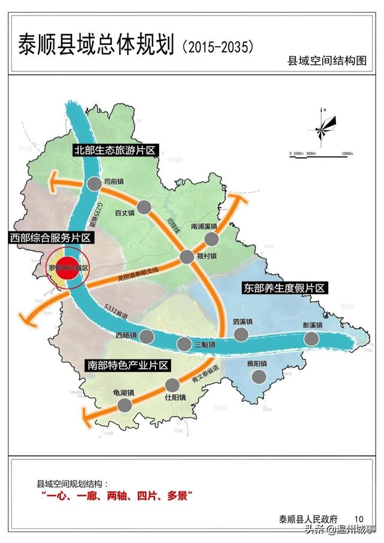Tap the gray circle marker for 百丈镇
click(x=144, y=208)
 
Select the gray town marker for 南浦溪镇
click(x=211, y=239)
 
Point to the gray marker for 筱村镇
click(x=187, y=257)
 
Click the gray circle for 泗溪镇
click(x=241, y=334)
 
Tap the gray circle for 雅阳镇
click(x=259, y=376)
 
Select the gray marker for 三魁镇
click(x=184, y=344)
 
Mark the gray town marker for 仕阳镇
click(x=172, y=385)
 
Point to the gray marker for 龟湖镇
click(x=125, y=404)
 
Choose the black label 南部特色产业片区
click(x=127, y=365)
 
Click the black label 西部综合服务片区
click(x=50, y=238)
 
